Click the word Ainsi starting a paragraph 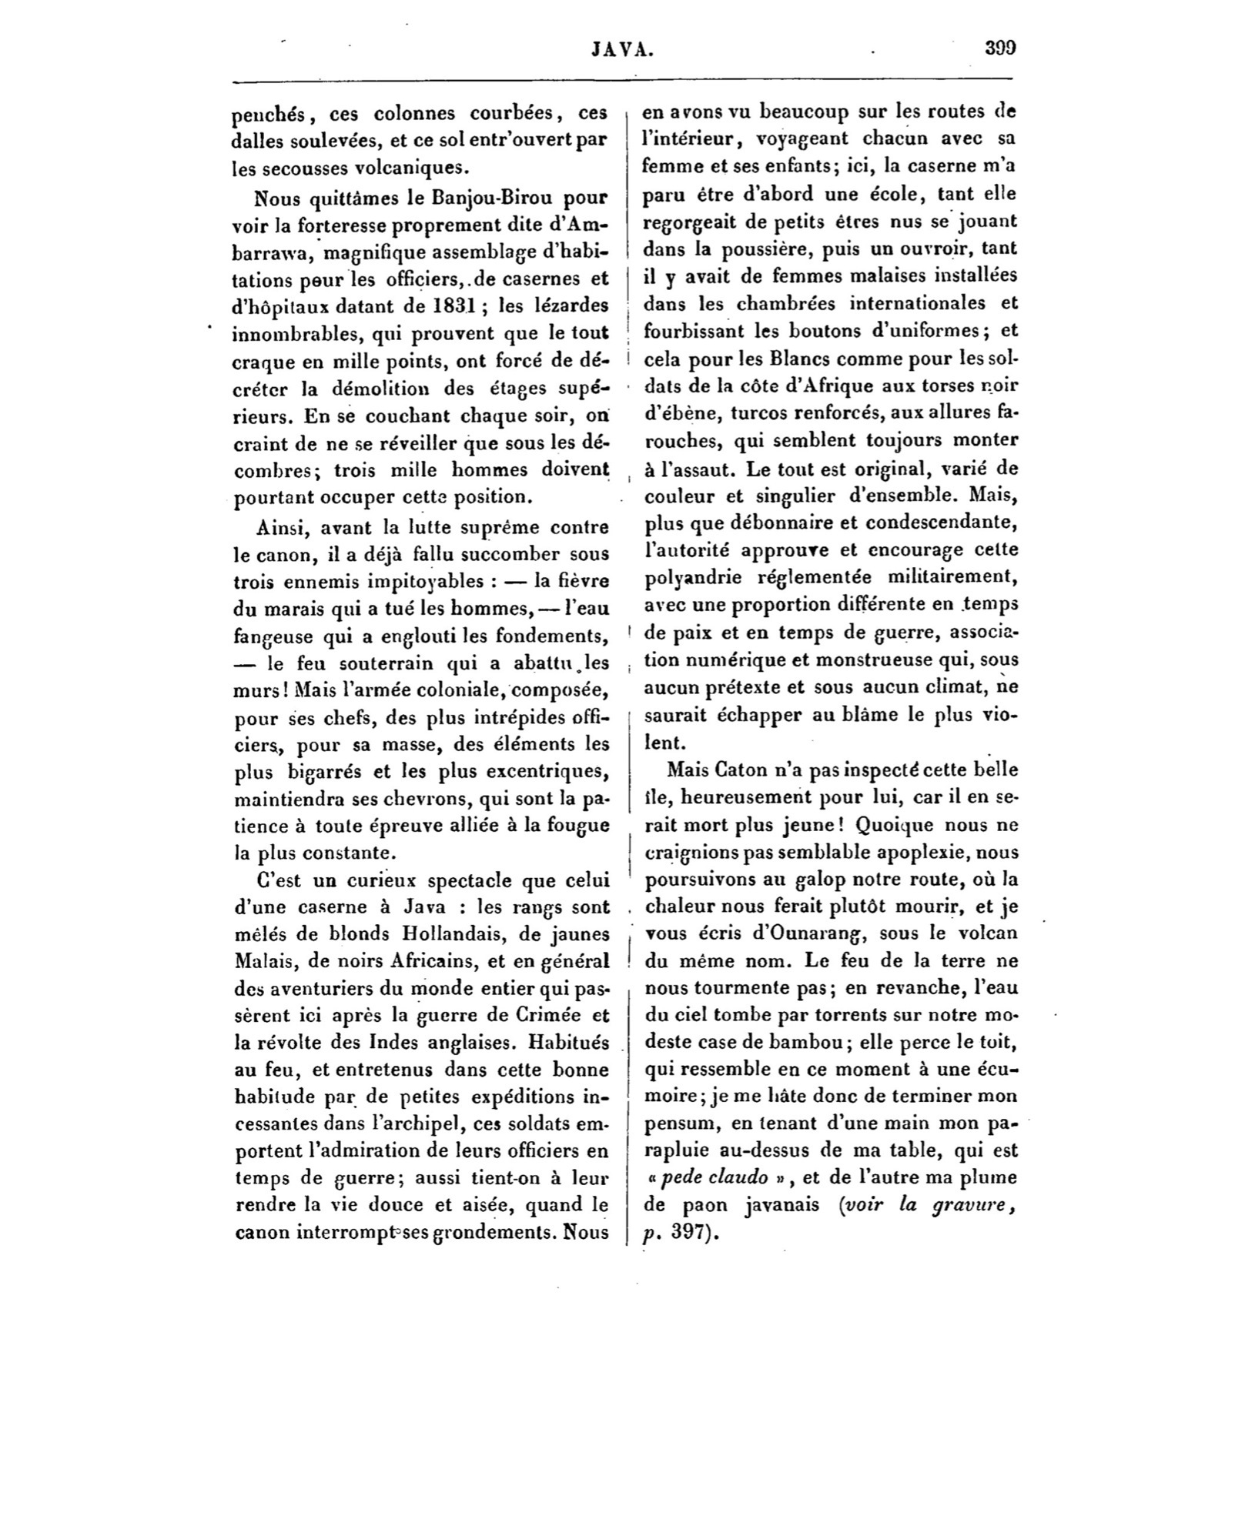click(282, 528)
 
